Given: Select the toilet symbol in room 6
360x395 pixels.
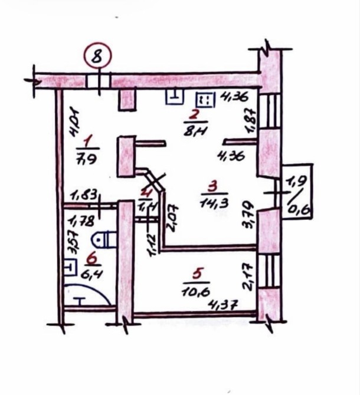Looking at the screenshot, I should (x=106, y=239).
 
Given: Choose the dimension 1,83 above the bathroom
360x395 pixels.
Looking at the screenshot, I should (x=84, y=195).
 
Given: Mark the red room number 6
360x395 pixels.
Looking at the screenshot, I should (x=90, y=259).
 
